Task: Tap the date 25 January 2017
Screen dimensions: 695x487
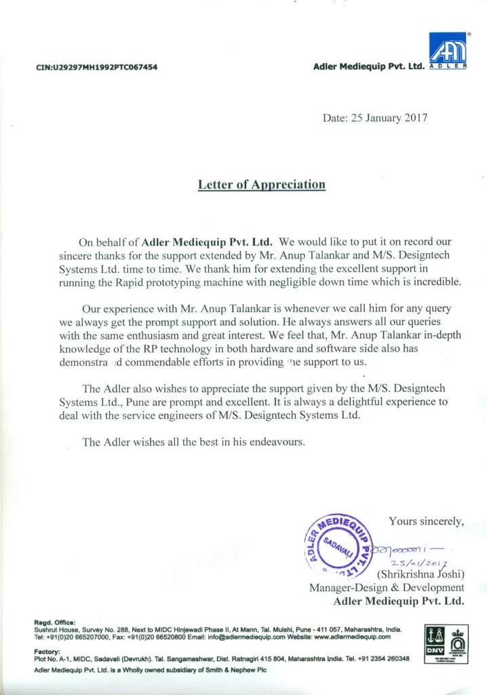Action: pyautogui.click(x=389, y=117)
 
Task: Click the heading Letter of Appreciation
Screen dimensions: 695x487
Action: pyautogui.click(x=261, y=184)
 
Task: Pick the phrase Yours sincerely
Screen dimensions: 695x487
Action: pyautogui.click(x=426, y=521)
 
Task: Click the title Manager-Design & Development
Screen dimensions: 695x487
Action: pyautogui.click(x=387, y=588)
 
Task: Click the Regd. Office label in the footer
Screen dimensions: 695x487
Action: pyautogui.click(x=55, y=622)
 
